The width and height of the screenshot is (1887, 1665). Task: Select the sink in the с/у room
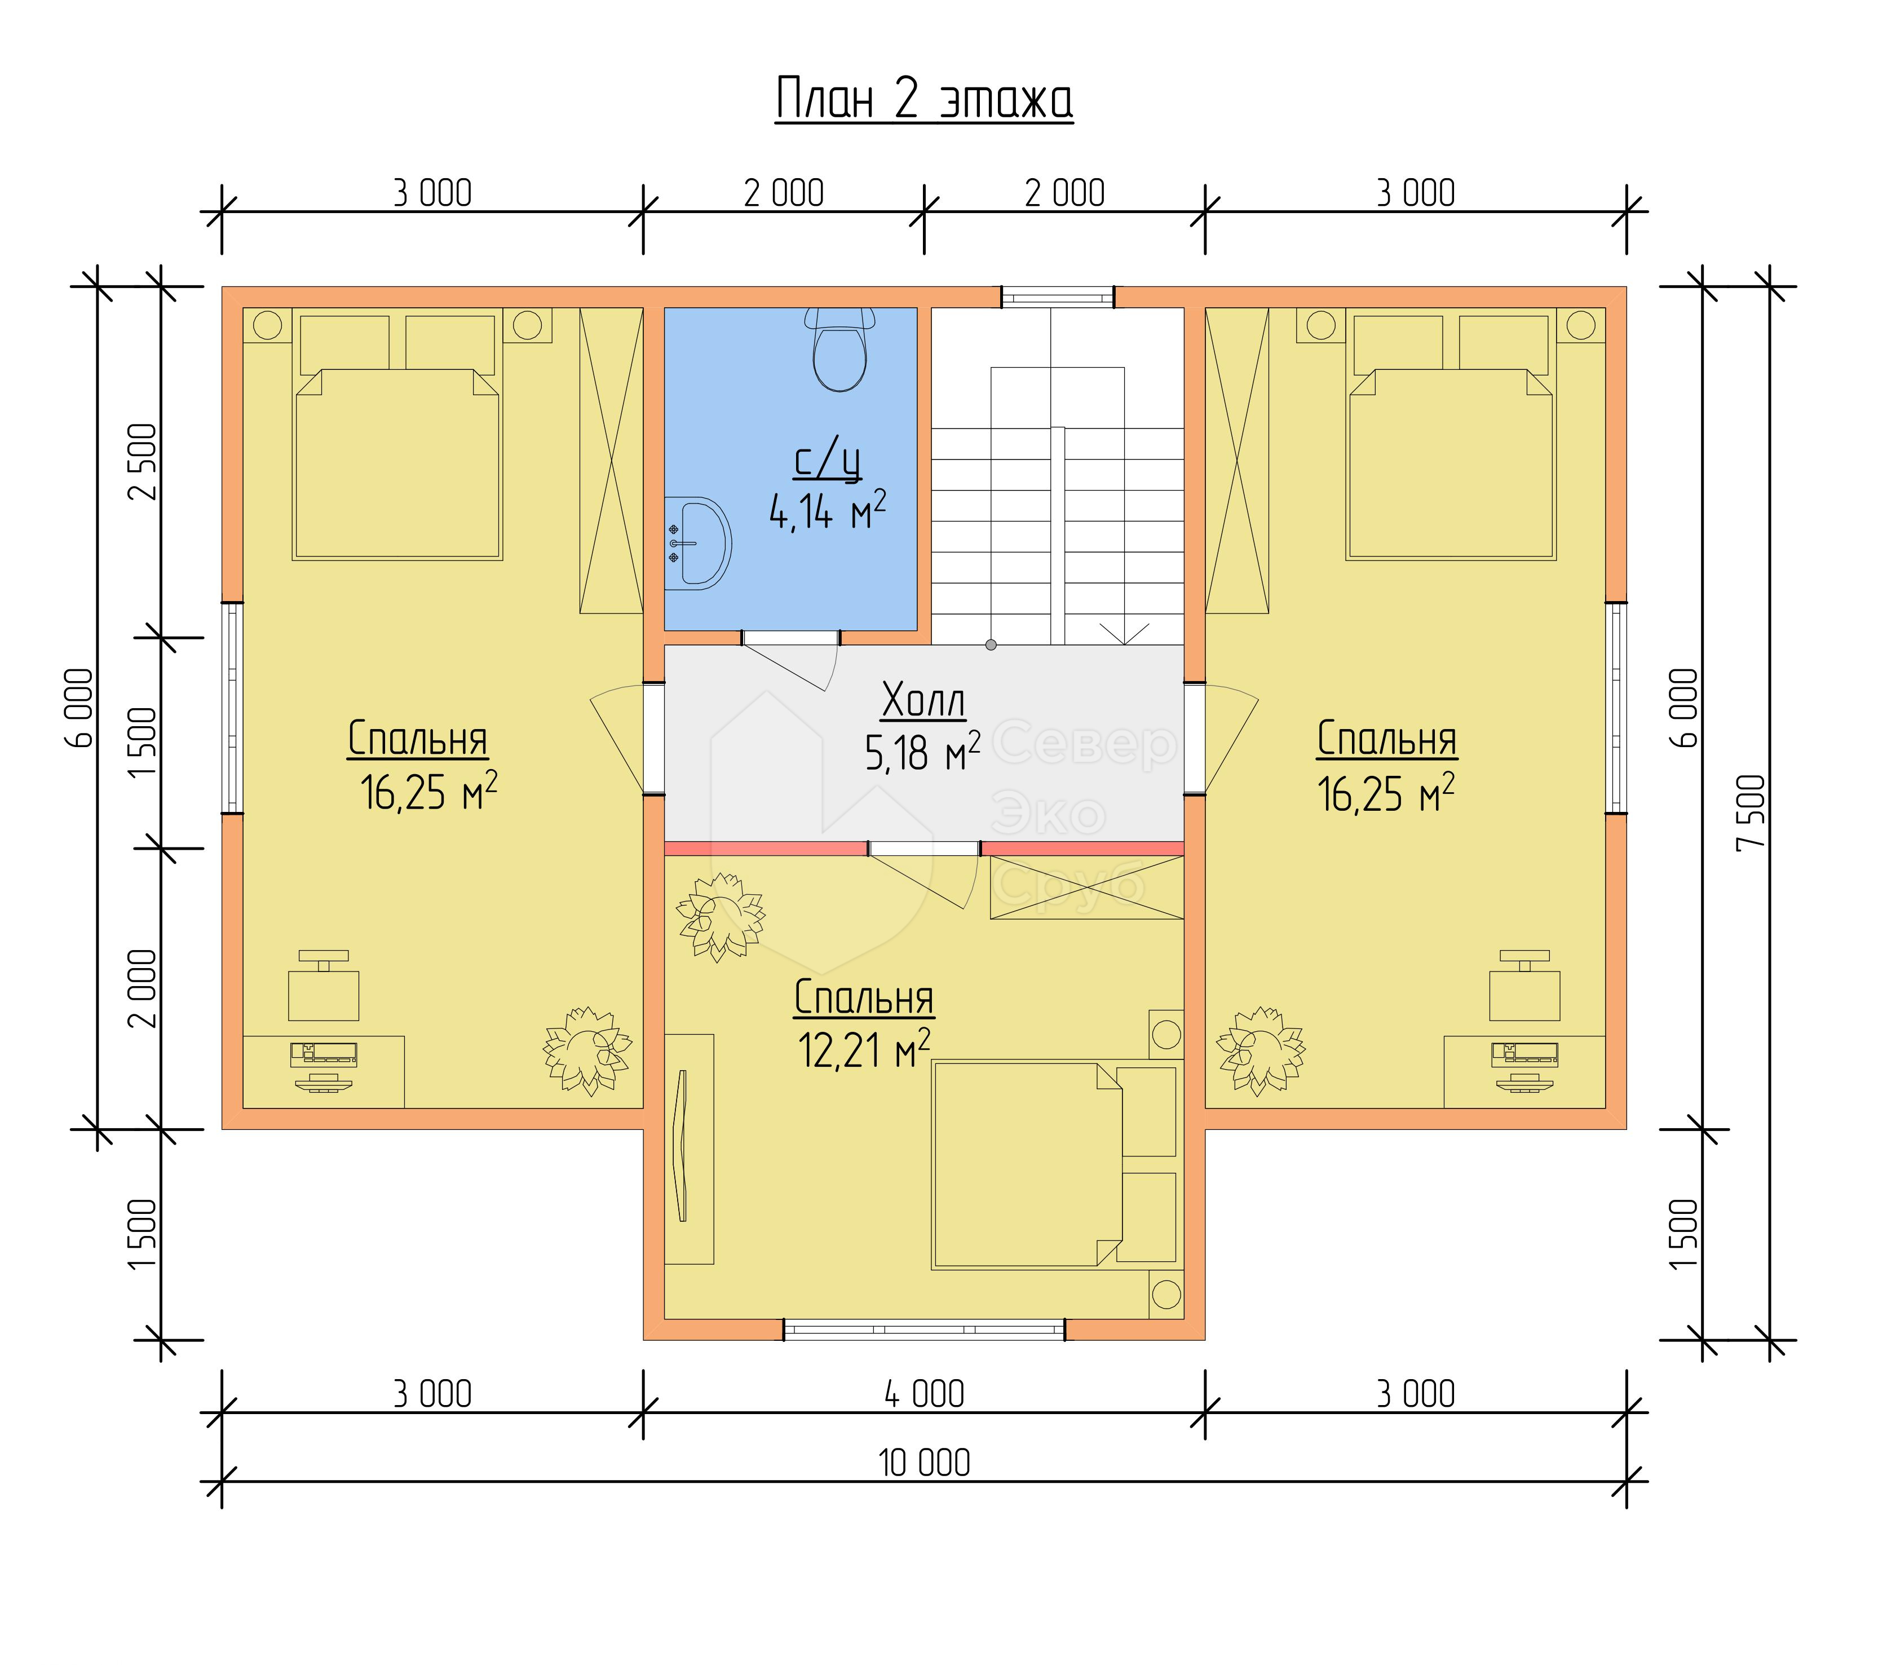click(x=699, y=544)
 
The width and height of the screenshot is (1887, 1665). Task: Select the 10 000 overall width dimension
click(x=924, y=1463)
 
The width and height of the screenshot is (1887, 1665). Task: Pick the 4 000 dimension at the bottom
click(x=924, y=1393)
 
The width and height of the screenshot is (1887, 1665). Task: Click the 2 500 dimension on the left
click(x=143, y=462)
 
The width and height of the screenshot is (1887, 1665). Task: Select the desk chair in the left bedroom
click(x=323, y=986)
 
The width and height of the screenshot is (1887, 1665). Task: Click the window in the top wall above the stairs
click(x=1058, y=297)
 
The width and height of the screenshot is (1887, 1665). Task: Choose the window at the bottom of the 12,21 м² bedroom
click(x=924, y=1330)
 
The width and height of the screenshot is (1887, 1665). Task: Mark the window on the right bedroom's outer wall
click(x=1616, y=708)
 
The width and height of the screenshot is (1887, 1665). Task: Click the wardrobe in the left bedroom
click(x=611, y=460)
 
